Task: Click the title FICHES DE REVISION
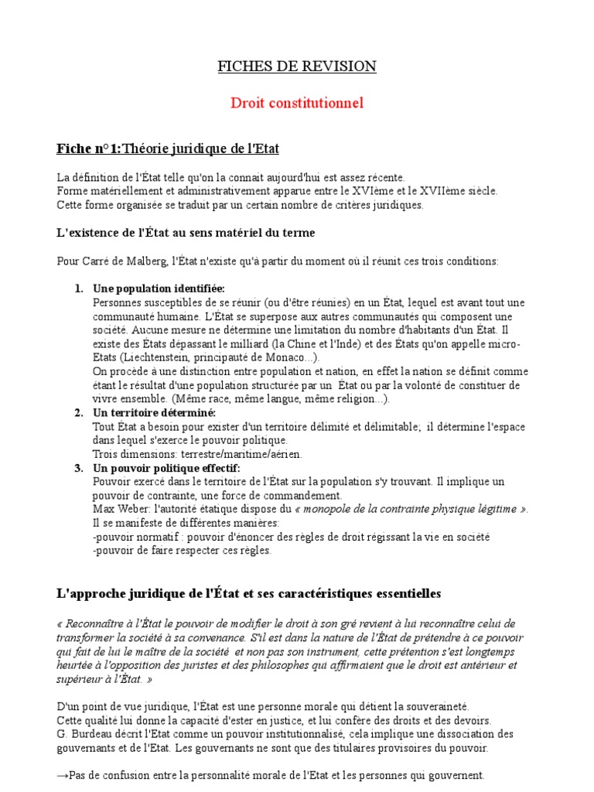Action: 297,67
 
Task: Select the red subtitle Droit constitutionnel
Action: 297,103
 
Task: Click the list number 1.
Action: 79,288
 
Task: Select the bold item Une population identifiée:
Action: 159,288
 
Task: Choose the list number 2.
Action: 79,412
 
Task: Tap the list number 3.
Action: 79,468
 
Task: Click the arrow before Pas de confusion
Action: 63,775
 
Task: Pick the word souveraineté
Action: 430,706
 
